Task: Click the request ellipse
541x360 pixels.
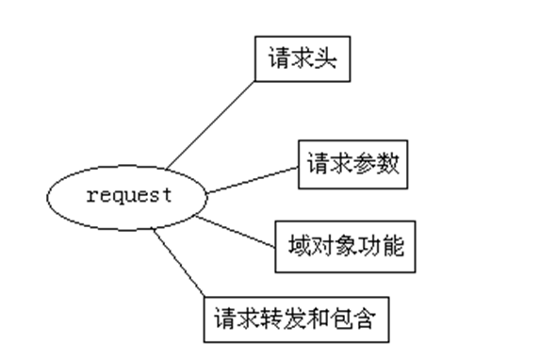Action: (x=127, y=197)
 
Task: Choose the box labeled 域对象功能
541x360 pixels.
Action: (x=345, y=246)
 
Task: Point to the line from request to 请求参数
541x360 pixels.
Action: (x=253, y=179)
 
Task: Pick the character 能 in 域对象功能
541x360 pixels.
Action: (x=394, y=246)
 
